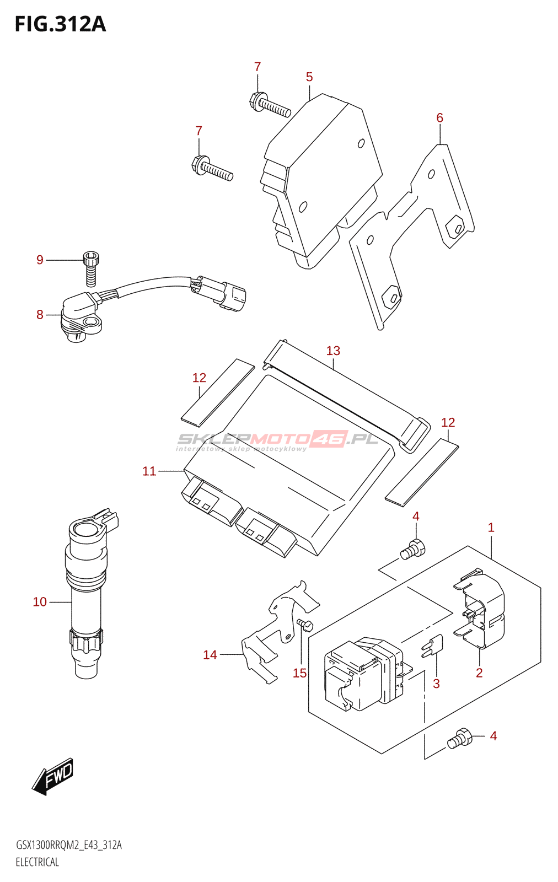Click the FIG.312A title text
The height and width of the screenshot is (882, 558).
(60, 24)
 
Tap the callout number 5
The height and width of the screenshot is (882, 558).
(309, 77)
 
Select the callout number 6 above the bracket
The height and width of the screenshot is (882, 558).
(439, 117)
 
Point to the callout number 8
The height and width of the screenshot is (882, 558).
(40, 315)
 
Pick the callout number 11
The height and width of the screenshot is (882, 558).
(149, 471)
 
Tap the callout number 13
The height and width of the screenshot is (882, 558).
(333, 351)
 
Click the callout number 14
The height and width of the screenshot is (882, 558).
(210, 655)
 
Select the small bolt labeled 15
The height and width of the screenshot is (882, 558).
(305, 625)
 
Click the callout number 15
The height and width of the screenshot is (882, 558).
(299, 673)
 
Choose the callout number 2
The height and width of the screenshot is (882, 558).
(479, 673)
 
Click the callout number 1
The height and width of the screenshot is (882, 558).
(491, 528)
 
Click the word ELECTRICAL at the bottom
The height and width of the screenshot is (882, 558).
(37, 862)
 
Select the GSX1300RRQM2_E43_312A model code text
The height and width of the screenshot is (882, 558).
(69, 845)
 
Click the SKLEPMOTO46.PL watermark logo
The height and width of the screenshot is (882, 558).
(277, 440)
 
